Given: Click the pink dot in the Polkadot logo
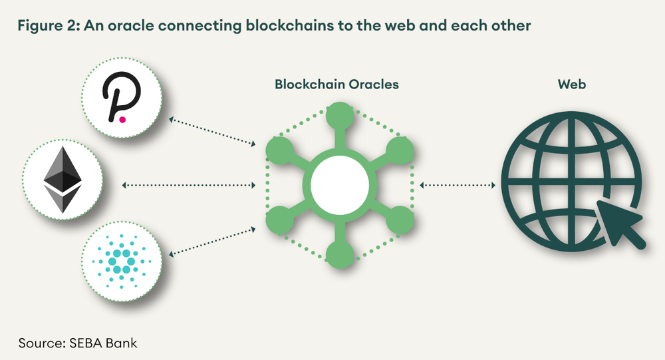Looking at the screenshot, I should (122, 120).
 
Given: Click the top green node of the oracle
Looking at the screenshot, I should (338, 113).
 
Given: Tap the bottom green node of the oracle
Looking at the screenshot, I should (338, 252).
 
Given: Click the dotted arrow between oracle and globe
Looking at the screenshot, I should (459, 184).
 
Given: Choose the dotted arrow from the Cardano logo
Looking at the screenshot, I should (213, 240).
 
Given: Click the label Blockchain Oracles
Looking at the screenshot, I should (337, 85).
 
